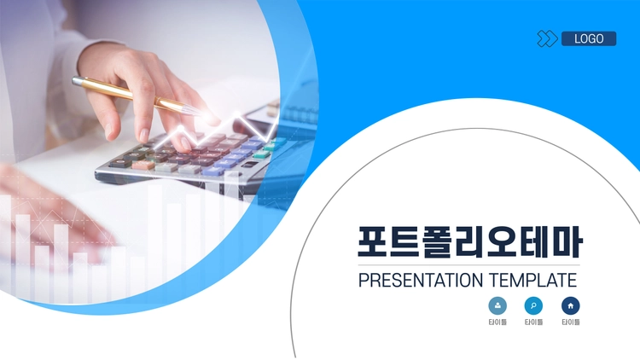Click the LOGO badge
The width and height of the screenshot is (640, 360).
(x=589, y=38)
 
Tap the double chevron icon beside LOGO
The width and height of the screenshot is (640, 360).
(x=547, y=38)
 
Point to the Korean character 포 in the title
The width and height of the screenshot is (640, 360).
(x=373, y=241)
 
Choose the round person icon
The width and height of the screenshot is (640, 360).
(x=497, y=305)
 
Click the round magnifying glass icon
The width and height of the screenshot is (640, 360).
(x=533, y=305)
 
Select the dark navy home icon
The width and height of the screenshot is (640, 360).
(x=571, y=305)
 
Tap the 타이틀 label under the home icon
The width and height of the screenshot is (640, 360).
(x=571, y=322)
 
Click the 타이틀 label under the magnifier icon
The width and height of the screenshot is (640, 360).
(x=533, y=322)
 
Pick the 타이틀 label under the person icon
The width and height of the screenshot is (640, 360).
(x=497, y=322)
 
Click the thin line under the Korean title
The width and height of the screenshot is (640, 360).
(x=469, y=265)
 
